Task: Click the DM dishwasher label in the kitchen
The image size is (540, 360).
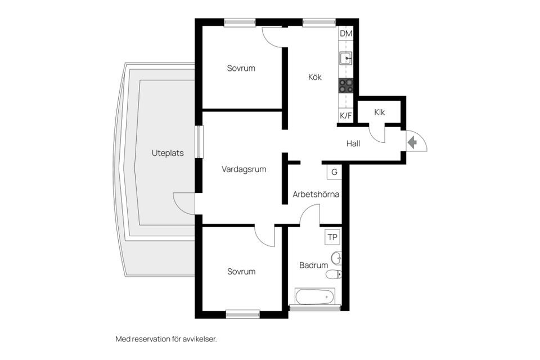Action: coord(346,33)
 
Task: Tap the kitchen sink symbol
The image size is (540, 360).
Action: coord(345,58)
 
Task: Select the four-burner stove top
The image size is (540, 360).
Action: coord(345,85)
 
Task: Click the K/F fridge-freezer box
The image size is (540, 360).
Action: coord(345,116)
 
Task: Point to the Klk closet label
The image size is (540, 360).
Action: coord(379,112)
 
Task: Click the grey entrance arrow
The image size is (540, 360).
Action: coord(412,142)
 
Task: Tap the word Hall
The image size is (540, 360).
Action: coord(353,143)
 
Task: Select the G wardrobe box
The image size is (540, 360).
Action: coord(334,172)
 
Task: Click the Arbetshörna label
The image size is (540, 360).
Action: coord(316,194)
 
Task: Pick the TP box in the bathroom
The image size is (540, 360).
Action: coord(332,237)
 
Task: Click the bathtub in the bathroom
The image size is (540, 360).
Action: coord(314,296)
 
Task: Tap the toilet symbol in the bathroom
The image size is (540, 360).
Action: coord(334,274)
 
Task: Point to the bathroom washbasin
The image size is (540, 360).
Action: coord(336,258)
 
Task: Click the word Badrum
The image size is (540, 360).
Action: coord(313,265)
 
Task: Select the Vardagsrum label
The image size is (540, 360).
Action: coord(244,169)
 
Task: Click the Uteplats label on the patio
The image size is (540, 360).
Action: coord(168,154)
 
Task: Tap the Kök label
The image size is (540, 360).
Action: coord(315,77)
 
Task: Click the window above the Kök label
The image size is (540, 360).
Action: coord(319,22)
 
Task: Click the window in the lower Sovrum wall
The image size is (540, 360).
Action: coord(243,314)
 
